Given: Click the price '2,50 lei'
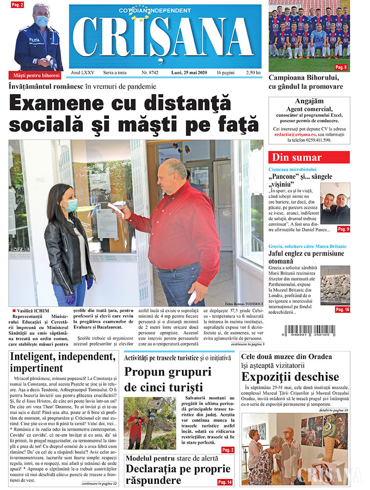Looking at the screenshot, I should coord(252,73).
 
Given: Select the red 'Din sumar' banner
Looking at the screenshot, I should coord(309,157).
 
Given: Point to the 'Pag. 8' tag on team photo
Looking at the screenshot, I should coord(341,67).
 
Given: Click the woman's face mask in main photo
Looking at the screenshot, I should coord(71,205).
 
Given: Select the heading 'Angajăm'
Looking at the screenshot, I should coord(309,101).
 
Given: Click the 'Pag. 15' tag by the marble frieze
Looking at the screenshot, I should coord(342,310).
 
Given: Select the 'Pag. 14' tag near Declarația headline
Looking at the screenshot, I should coord(224,482).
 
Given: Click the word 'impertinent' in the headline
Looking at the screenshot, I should coord(37,368).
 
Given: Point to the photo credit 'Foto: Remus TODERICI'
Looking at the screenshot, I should coord(245,304).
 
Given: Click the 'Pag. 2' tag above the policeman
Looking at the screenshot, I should coord(18,5).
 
